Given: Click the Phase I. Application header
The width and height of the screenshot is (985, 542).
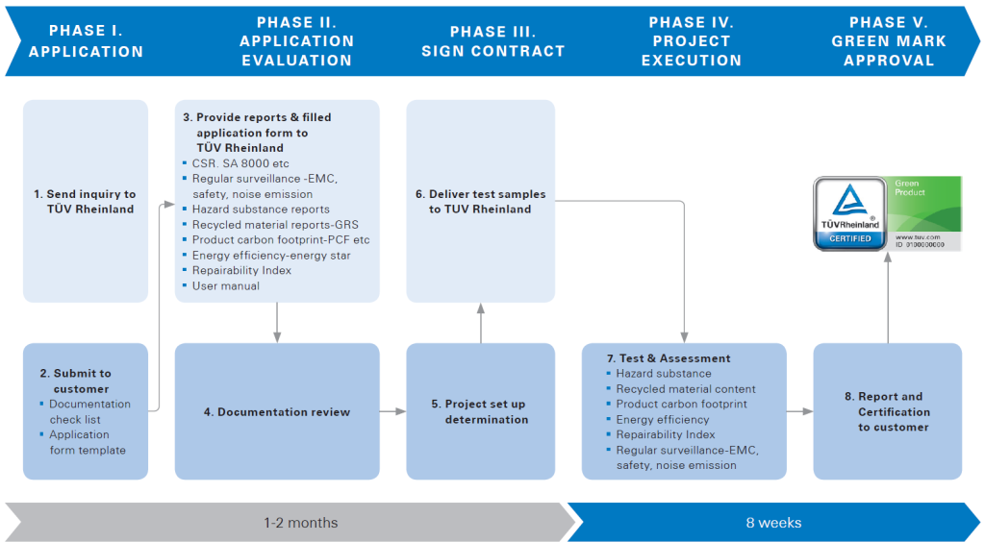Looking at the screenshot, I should tap(86, 41).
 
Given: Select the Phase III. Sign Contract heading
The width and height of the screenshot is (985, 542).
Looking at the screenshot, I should tap(492, 41).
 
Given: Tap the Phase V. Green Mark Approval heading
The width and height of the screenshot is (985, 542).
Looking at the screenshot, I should tap(889, 41).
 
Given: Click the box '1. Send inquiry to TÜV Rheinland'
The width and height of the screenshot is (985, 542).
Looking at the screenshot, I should tap(86, 201).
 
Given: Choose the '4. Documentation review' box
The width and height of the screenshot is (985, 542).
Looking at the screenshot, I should tap(277, 411).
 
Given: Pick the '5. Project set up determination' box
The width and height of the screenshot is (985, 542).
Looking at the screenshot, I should tap(481, 411).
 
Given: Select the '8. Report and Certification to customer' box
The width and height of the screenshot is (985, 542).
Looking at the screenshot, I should tap(887, 411).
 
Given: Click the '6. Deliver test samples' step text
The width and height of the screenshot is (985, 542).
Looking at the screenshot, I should tap(481, 201).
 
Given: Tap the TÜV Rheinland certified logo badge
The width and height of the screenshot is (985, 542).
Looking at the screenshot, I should tap(849, 213).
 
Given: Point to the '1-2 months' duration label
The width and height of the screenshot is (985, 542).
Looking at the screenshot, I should tap(301, 523).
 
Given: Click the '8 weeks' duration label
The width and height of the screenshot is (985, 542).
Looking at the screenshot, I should tap(773, 523).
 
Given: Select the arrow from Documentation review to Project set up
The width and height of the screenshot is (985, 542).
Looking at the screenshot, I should tap(392, 411).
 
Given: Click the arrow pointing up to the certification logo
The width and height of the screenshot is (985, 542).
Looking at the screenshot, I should tap(887, 298).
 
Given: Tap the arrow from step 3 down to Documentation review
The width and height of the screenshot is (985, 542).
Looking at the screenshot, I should tap(277, 322).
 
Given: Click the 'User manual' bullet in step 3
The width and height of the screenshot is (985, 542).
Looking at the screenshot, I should tap(226, 285).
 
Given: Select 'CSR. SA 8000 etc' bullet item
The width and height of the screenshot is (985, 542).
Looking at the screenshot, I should tap(240, 163).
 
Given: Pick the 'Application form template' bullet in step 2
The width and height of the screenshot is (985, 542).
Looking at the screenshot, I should tap(88, 442).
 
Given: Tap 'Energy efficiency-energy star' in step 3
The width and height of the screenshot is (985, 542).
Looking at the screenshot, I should tap(271, 255).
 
